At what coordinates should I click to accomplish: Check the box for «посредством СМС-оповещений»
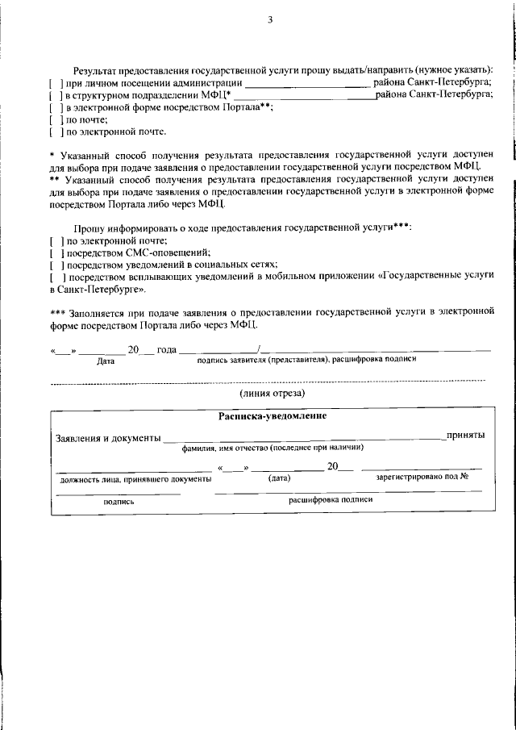coord(56,252)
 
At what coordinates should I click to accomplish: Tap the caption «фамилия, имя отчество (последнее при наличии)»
coord(273,447)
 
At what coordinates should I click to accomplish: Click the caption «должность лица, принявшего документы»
coord(135,478)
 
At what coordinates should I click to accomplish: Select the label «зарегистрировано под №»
coord(422,477)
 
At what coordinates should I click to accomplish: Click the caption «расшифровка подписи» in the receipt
coord(331,499)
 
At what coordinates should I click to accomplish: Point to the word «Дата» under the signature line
coord(106,361)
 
